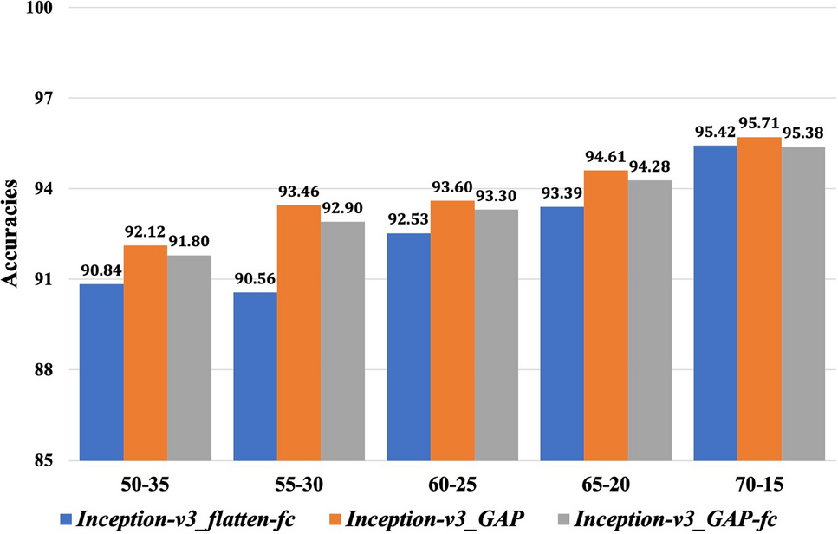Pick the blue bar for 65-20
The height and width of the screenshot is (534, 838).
(562, 333)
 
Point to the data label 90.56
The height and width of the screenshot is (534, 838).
(254, 281)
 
